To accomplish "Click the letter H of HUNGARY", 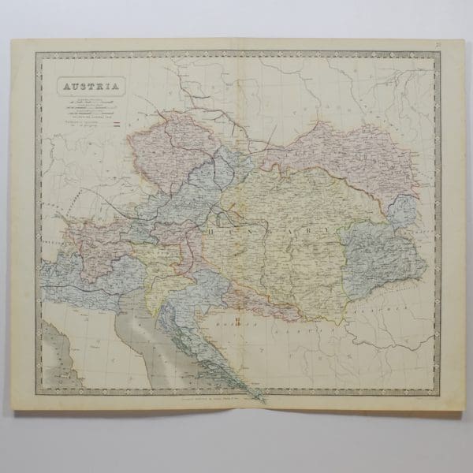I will point(213,232).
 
